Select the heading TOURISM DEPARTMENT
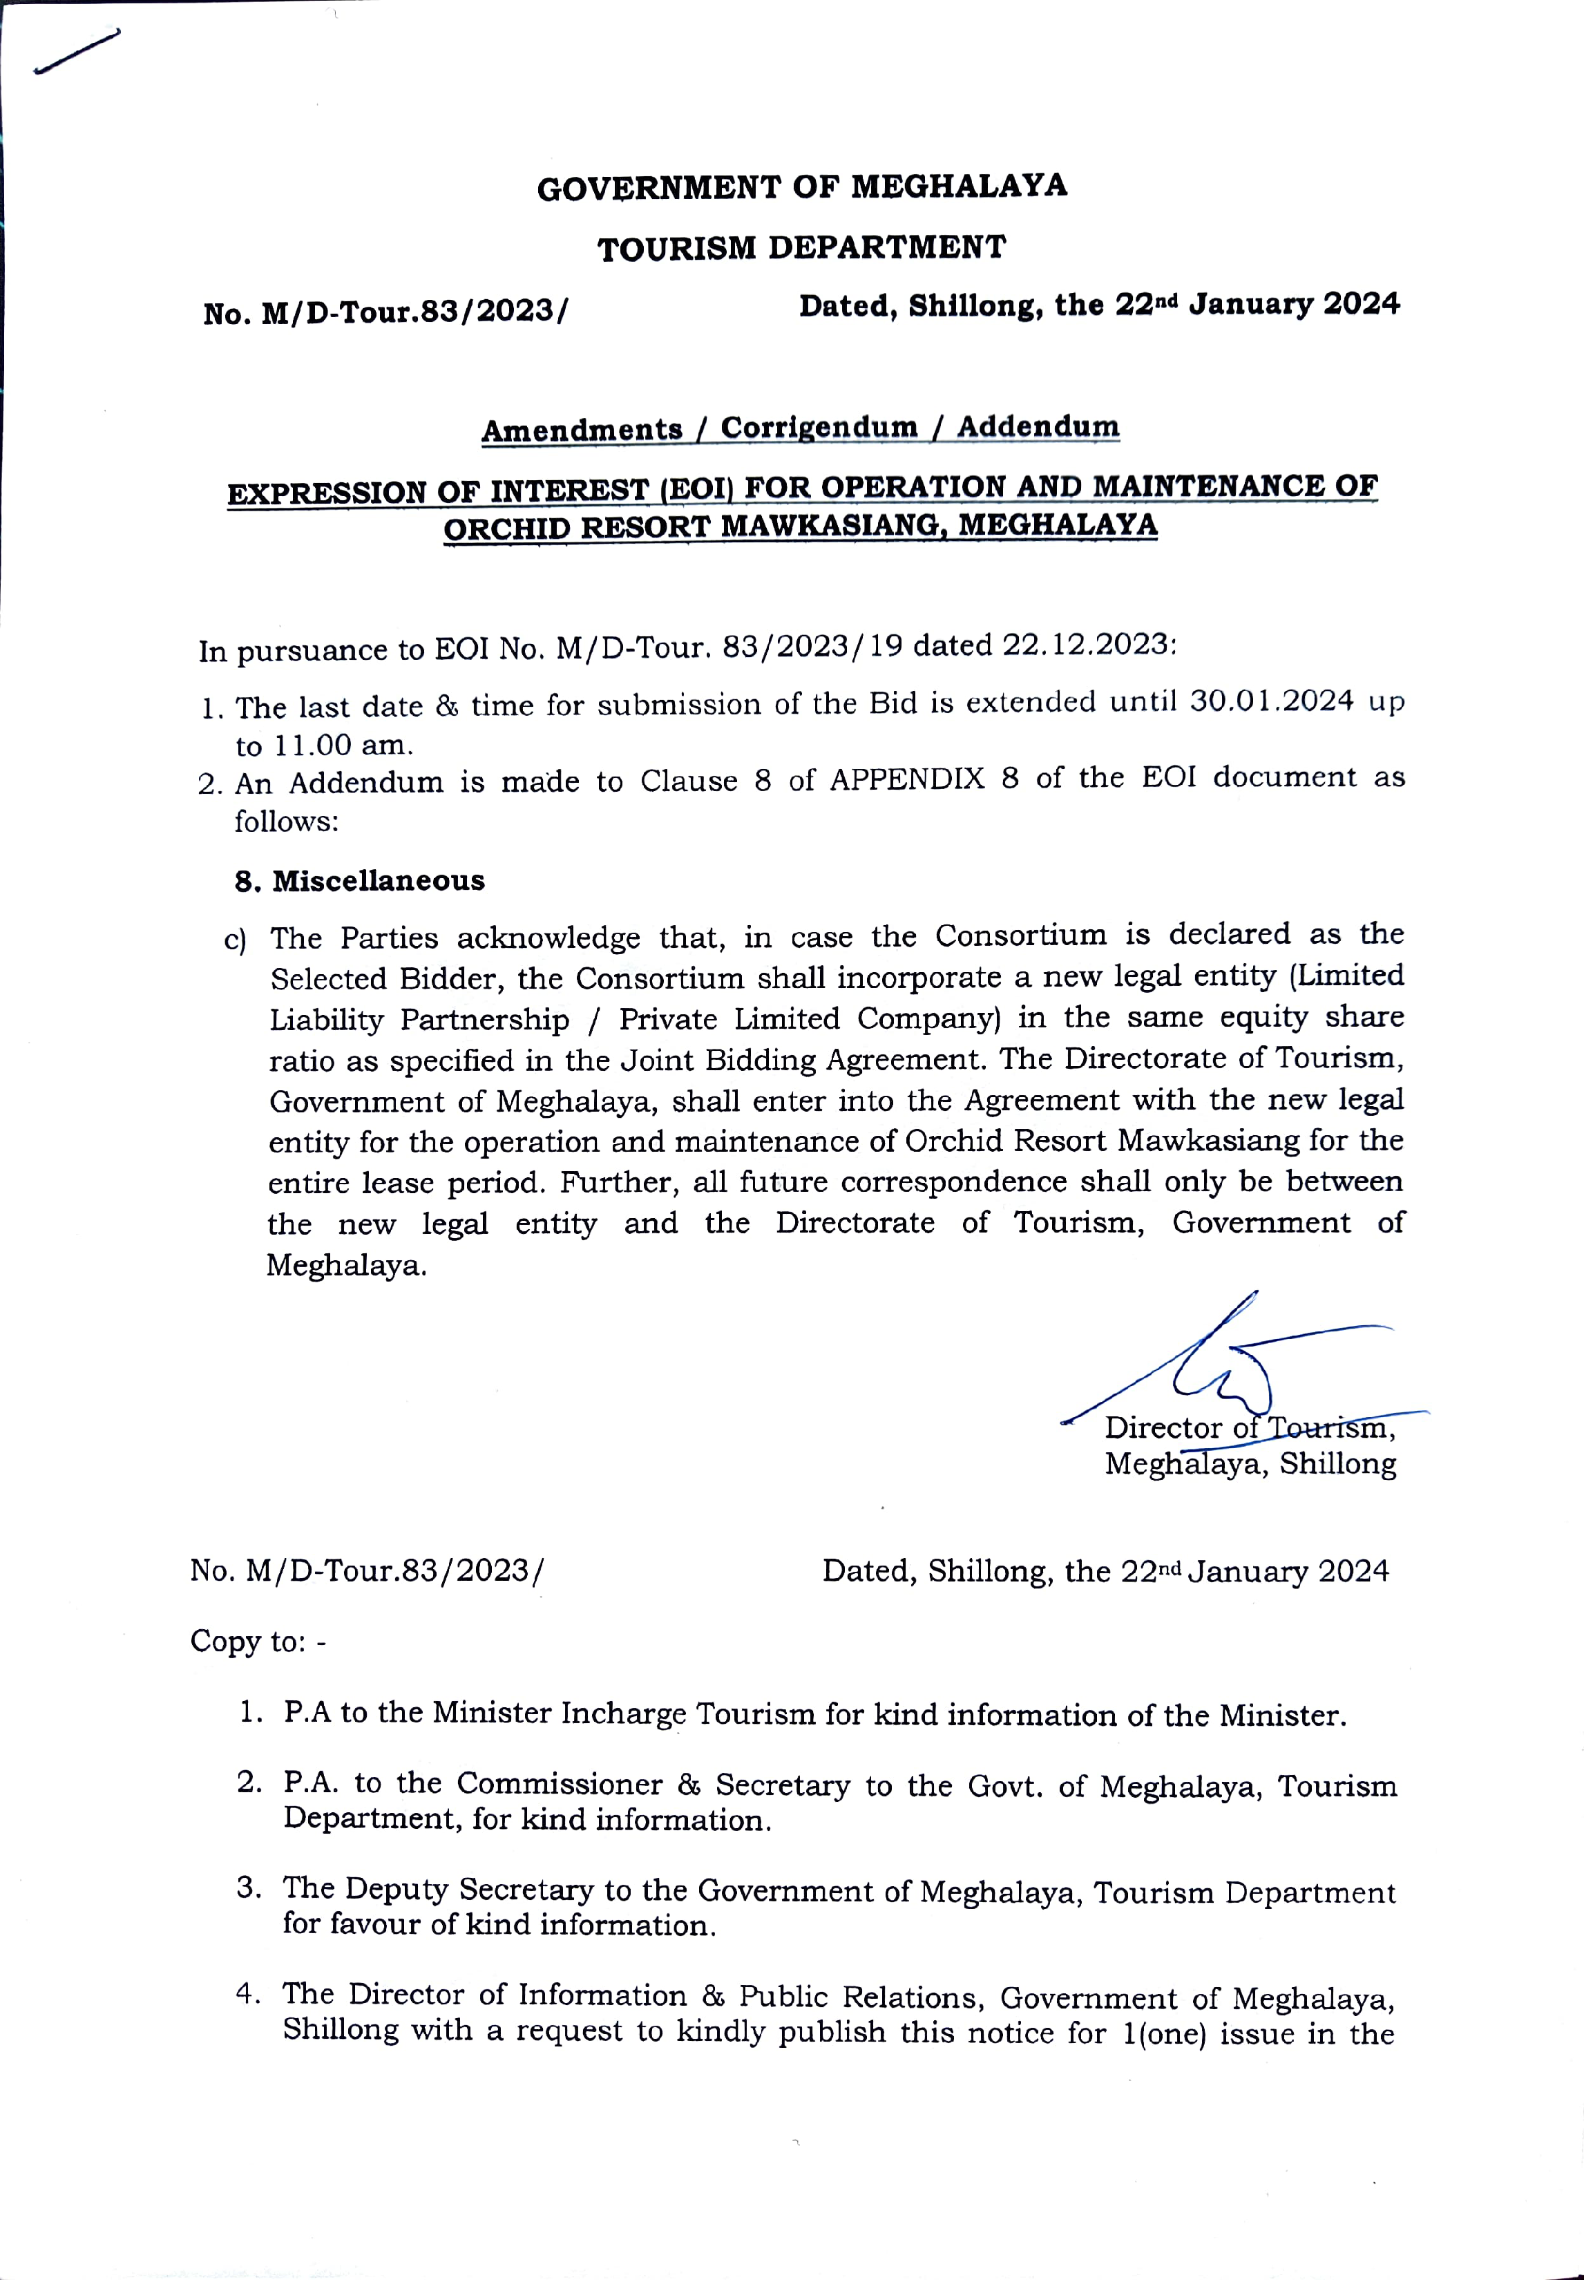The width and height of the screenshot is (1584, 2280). click(802, 247)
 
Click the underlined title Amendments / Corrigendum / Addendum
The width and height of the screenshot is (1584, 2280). click(800, 429)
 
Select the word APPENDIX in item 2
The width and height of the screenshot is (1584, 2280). click(906, 779)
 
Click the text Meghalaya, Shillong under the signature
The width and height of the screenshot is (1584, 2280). click(1250, 1464)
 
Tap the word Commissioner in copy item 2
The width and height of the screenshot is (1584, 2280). click(559, 1784)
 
